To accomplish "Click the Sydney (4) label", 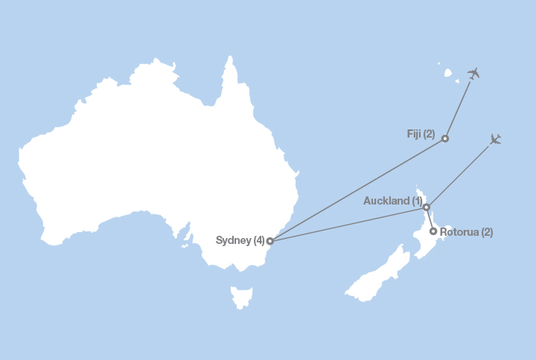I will click(240, 240).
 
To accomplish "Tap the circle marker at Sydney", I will click(269, 241).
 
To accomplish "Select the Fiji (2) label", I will click(421, 135).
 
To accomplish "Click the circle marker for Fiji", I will click(445, 138).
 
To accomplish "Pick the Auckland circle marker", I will click(426, 207).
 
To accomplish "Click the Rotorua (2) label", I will click(466, 232).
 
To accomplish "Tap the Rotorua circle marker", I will click(433, 231).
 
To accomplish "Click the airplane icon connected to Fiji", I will click(473, 73).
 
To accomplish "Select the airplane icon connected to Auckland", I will click(496, 139).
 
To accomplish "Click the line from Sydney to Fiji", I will click(357, 190).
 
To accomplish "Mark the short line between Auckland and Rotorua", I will click(430, 219).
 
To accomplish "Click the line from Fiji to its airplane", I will click(459, 108).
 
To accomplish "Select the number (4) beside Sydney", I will click(258, 240).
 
